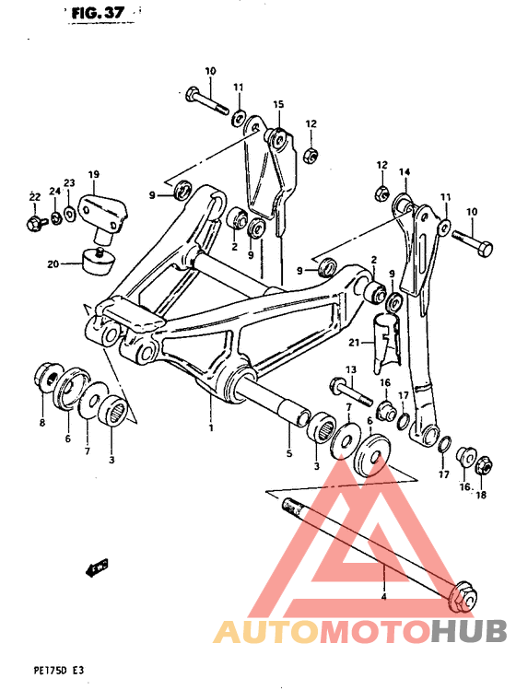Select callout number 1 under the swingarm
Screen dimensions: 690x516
tap(211, 428)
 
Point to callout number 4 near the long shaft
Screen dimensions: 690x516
tap(384, 598)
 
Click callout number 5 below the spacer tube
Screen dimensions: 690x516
tap(288, 453)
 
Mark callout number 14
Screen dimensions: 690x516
tap(404, 172)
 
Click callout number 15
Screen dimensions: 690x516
tap(276, 103)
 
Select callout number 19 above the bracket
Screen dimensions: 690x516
tap(93, 173)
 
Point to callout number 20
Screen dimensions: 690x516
tap(53, 264)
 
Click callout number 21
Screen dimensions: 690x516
tap(355, 343)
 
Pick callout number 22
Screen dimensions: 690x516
tap(33, 197)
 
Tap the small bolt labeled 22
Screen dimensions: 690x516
tap(34, 221)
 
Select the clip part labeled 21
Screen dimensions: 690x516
tap(386, 339)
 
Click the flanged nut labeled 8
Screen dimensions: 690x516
tap(44, 377)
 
